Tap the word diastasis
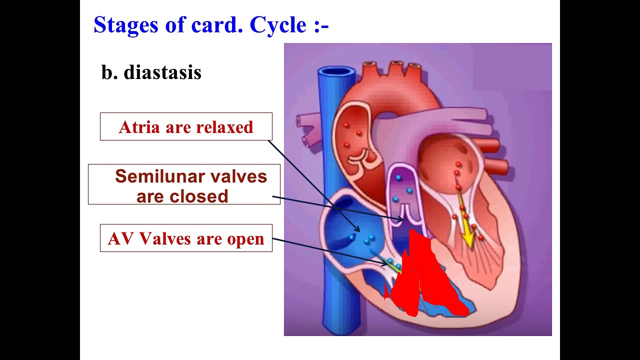pyautogui.click(x=162, y=72)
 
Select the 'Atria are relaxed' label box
pyautogui.click(x=186, y=126)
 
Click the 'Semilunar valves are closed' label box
pyautogui.click(x=184, y=184)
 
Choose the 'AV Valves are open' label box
pyautogui.click(x=186, y=238)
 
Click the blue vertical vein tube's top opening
pyautogui.click(x=336, y=74)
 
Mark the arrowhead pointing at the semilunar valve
pyautogui.click(x=400, y=218)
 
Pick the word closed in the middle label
pyautogui.click(x=198, y=196)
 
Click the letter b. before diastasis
pyautogui.click(x=109, y=72)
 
